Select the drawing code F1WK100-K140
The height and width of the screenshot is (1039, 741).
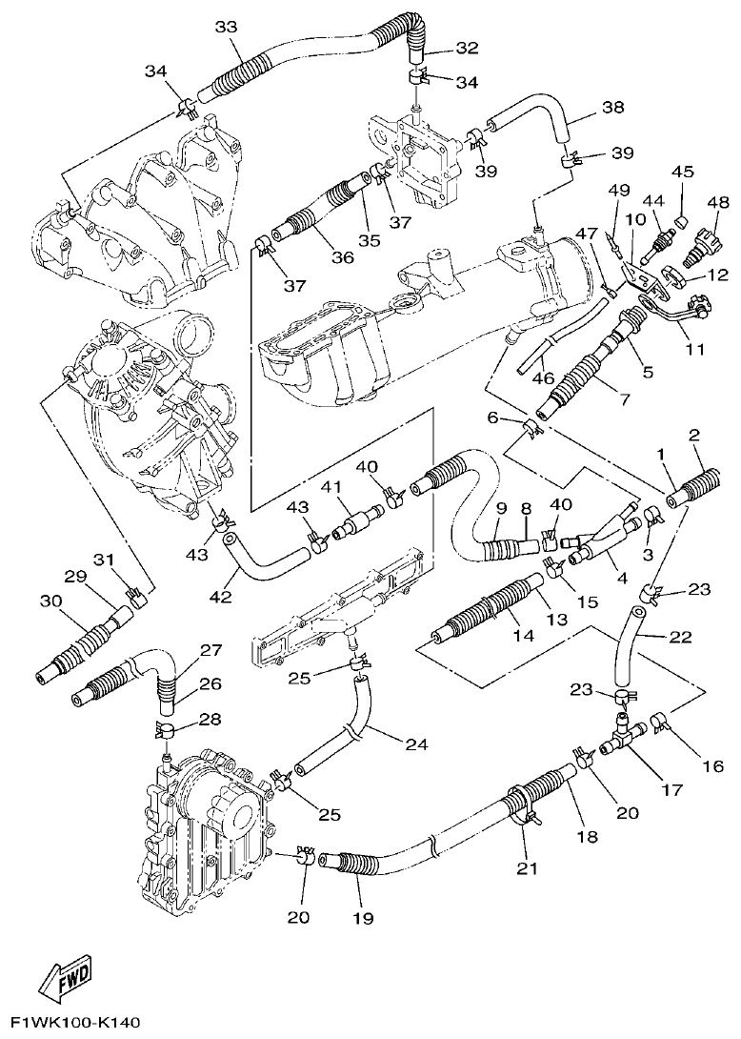[x=70, y=1023]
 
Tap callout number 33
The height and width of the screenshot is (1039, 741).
[x=226, y=28]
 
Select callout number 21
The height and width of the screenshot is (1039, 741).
[x=527, y=867]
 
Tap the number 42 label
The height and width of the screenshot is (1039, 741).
[x=220, y=598]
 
